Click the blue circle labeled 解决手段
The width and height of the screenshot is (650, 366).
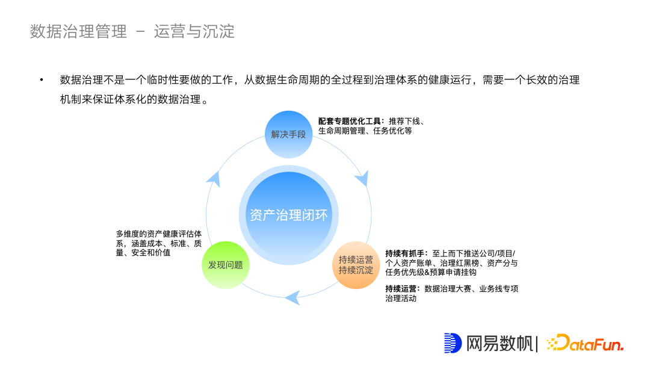point(289,134)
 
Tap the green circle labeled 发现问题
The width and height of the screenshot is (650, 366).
point(226,265)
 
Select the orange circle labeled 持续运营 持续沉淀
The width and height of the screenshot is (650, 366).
point(356,265)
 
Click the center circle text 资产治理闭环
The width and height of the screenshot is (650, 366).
point(289,215)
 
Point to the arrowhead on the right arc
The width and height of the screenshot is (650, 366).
point(362,179)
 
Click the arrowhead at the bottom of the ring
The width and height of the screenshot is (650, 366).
point(292,296)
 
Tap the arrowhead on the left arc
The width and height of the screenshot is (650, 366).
point(213,176)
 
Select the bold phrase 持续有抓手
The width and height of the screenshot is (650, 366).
point(406,253)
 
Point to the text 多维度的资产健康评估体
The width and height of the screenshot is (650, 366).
point(159,234)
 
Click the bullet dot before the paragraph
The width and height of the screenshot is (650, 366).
point(42,80)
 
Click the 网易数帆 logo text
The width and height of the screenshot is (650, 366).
point(500,343)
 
